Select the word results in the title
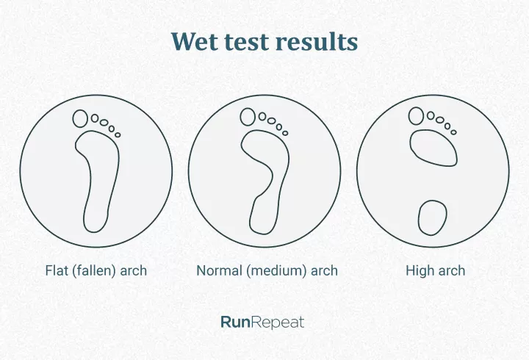317,42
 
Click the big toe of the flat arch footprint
80,118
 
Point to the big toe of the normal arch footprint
248,117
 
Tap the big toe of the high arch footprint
417,115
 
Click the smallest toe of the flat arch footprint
118,134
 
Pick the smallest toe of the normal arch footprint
285,133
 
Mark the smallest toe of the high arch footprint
453,132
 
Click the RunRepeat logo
262,322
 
